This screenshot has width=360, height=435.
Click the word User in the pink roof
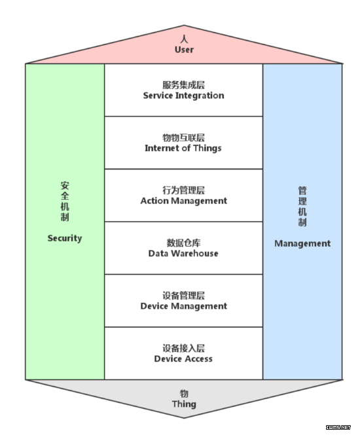pos(184,50)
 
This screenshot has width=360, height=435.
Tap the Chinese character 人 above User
pos(184,39)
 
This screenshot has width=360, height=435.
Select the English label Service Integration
pos(183,96)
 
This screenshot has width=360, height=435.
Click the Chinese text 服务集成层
pos(183,85)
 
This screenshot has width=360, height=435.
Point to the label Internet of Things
pos(183,148)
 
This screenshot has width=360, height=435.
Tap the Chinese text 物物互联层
pos(183,137)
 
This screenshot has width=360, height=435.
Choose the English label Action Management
pos(183,201)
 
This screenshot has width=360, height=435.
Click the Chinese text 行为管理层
pos(183,190)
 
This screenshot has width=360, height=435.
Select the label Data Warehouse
pos(183,253)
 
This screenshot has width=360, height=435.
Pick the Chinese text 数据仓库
pos(183,243)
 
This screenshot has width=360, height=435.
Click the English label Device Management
pos(183,306)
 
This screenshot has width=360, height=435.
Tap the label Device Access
pos(183,358)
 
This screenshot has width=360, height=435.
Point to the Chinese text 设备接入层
pos(183,348)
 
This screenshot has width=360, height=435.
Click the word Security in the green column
pos(65,238)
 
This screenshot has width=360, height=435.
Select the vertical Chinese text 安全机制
pos(65,201)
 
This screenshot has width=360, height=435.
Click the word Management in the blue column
pos(302,243)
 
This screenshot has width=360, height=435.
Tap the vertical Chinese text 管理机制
pos(302,207)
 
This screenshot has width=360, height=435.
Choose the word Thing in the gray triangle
pos(184,404)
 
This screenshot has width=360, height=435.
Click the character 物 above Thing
pos(184,394)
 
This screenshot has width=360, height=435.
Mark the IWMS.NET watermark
pos(338,428)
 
